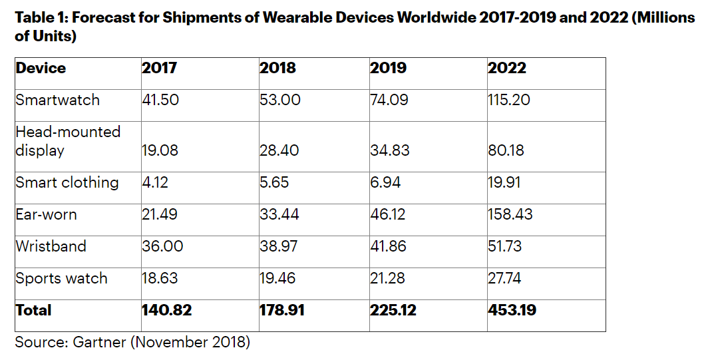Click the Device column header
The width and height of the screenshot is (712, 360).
point(41,68)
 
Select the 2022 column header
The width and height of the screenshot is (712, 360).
point(507,68)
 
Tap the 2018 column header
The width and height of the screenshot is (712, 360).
point(277,68)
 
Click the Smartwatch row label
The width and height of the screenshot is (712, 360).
point(57,100)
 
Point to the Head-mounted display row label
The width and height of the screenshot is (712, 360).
point(68,141)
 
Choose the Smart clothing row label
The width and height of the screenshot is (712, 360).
point(67,182)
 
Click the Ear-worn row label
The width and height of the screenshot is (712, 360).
point(46,214)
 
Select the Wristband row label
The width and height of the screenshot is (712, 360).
point(51,246)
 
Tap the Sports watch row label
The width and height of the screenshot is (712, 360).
point(61,278)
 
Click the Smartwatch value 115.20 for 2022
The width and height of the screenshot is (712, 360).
point(510,100)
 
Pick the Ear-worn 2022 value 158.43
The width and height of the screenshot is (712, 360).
point(510,214)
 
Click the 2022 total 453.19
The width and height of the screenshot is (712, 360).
point(512,310)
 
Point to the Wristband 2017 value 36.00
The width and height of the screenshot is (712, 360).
point(162,246)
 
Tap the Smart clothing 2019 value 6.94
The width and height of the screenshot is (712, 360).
point(385,182)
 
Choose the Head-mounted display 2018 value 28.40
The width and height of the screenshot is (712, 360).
point(279,150)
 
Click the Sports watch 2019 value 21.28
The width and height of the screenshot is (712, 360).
point(387,278)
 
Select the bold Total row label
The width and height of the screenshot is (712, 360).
point(33,310)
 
